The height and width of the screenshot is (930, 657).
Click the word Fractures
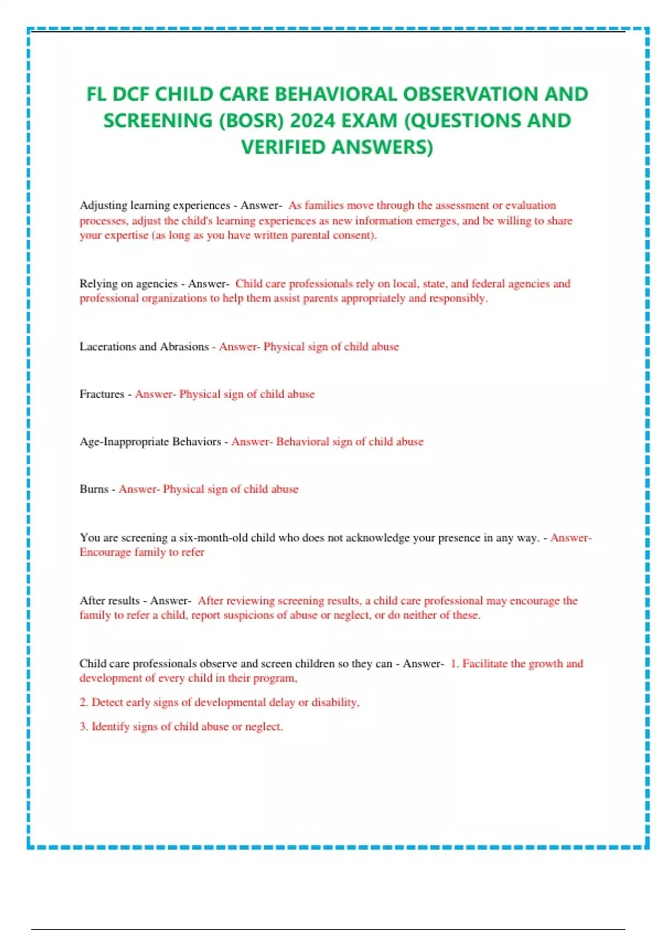pyautogui.click(x=102, y=394)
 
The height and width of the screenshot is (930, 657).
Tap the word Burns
pyautogui.click(x=94, y=490)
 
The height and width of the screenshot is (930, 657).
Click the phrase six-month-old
pyautogui.click(x=214, y=538)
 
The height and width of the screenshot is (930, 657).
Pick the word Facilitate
pyautogui.click(x=485, y=664)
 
